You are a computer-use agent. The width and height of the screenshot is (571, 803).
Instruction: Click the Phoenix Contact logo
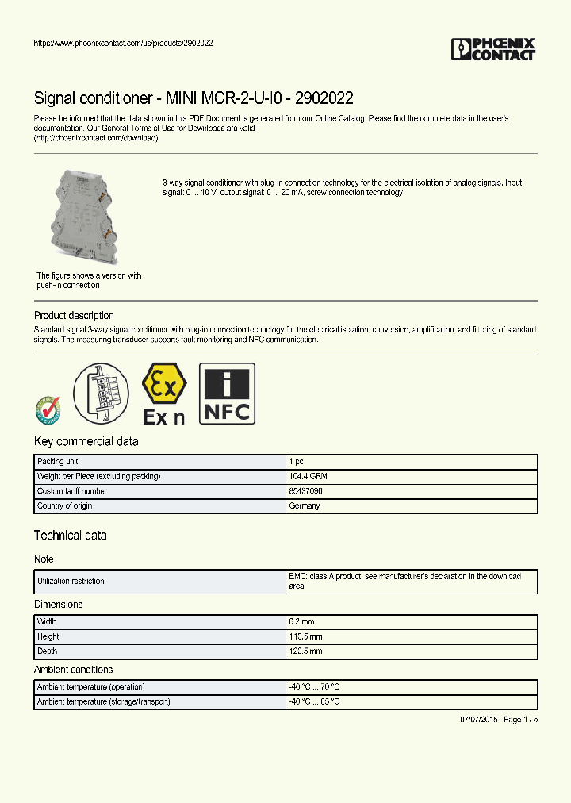point(492,49)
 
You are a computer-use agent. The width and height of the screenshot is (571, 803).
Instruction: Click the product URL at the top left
point(123,44)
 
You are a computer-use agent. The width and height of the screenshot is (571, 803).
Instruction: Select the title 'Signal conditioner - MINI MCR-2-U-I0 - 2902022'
point(194,98)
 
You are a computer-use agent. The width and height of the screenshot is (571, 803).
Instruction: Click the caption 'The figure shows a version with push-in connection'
point(89,280)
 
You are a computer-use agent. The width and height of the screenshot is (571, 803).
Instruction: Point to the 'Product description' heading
point(74,315)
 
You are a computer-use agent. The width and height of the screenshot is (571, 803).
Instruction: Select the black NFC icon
point(227,394)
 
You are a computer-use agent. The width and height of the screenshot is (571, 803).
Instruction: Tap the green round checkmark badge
point(48,409)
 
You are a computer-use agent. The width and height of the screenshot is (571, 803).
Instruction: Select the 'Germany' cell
point(305,505)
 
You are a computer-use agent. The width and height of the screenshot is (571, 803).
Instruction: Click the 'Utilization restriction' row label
point(71,582)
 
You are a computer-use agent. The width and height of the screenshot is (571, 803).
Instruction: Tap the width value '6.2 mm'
point(302,622)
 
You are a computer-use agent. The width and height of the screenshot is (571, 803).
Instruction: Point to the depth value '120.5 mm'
point(306,651)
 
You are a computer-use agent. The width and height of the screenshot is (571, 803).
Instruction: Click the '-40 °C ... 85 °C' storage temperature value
point(315,701)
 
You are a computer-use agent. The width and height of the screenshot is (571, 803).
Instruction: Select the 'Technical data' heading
point(71,536)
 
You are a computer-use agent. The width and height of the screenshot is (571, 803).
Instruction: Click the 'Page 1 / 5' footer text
point(520,719)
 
